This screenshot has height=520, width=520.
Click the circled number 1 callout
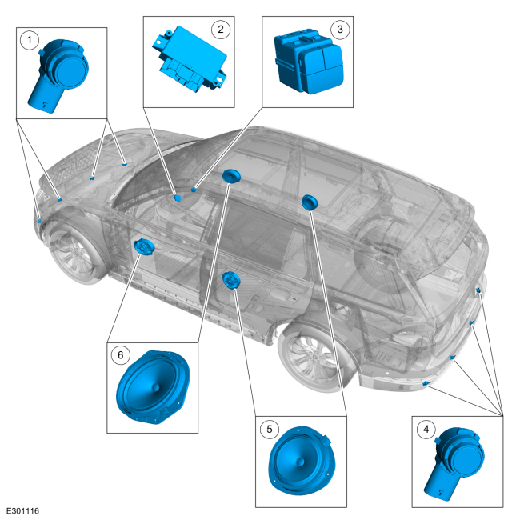coord(29,40)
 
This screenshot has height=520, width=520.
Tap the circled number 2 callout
coord(221,29)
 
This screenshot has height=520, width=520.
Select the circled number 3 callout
coord(340,29)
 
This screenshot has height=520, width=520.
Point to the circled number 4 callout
coord(426,429)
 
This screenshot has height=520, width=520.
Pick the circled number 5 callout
coord(270,429)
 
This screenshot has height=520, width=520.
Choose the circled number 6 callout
coord(120,355)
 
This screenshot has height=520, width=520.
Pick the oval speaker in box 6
coord(153,387)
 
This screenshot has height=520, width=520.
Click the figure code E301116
coord(23,510)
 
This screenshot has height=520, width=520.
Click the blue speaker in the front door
coord(144,247)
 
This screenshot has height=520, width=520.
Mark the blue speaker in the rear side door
coord(231,280)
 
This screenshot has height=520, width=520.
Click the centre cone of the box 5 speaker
coord(300,462)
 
